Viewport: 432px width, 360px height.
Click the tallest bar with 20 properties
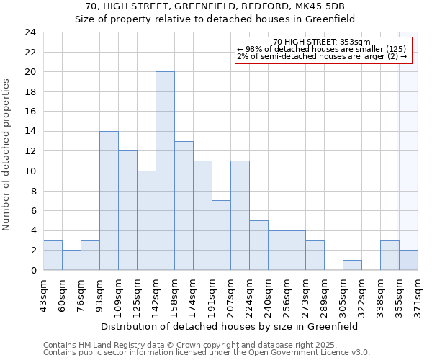165,171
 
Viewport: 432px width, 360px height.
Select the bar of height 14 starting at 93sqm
109,201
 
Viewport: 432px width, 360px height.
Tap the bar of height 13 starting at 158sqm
184,206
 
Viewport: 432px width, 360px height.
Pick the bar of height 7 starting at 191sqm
221,235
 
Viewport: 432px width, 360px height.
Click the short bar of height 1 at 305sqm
352,265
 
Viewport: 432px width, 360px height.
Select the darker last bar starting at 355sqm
408,260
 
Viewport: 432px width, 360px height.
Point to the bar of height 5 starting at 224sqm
258,246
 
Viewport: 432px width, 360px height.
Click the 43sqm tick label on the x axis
44,293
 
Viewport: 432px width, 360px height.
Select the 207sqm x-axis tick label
231,293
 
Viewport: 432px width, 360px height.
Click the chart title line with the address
215,6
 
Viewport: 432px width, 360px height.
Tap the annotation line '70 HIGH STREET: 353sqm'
322,42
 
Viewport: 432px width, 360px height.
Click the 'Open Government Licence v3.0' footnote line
207,352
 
